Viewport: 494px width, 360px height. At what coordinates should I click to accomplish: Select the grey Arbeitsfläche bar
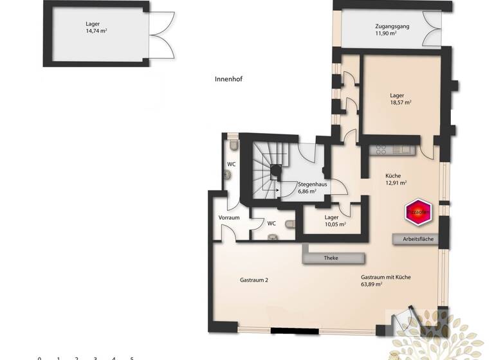[x=417, y=239]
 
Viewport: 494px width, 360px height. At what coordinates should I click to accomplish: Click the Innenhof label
[x=228, y=79]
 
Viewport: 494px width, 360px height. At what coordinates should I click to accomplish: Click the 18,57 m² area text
[x=400, y=102]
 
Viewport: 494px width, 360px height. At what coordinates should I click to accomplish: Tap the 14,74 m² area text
[x=96, y=30]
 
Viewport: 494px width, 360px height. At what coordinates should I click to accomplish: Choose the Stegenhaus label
[x=312, y=184]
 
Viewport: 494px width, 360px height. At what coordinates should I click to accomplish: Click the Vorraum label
[x=229, y=218]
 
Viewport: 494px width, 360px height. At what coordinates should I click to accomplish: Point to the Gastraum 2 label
[x=253, y=280]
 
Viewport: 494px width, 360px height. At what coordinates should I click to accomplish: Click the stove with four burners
[x=380, y=150]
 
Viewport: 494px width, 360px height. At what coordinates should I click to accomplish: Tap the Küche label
[x=394, y=175]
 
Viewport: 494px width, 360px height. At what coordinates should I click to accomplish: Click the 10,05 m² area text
[x=335, y=224]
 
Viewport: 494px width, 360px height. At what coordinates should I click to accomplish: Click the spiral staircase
[x=270, y=168]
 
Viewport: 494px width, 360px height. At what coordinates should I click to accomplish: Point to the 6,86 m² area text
[x=307, y=192]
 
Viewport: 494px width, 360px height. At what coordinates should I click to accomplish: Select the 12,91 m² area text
[x=396, y=183]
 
